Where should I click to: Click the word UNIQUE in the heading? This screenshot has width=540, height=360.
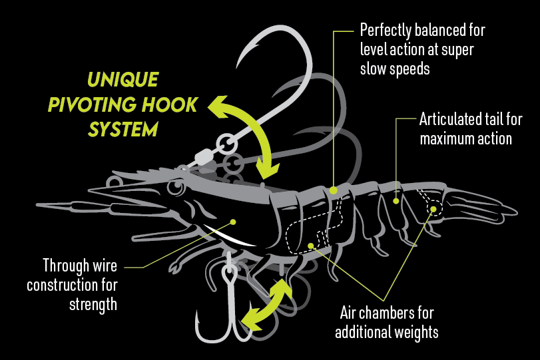click(123, 79)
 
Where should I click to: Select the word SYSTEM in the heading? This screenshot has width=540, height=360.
click(123, 129)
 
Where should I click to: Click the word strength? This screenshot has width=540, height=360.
click(93, 305)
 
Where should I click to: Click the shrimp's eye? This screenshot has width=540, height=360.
click(176, 188)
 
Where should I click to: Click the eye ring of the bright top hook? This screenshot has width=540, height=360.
click(227, 144)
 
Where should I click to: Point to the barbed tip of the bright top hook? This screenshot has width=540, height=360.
click(238, 64)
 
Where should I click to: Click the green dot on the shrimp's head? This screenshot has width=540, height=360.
click(233, 222)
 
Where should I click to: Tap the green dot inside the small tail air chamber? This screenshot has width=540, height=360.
click(433, 209)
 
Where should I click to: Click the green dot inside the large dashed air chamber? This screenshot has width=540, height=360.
click(311, 246)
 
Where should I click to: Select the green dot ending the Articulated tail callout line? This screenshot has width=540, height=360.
click(396, 201)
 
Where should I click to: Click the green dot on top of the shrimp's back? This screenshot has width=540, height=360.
click(333, 190)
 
